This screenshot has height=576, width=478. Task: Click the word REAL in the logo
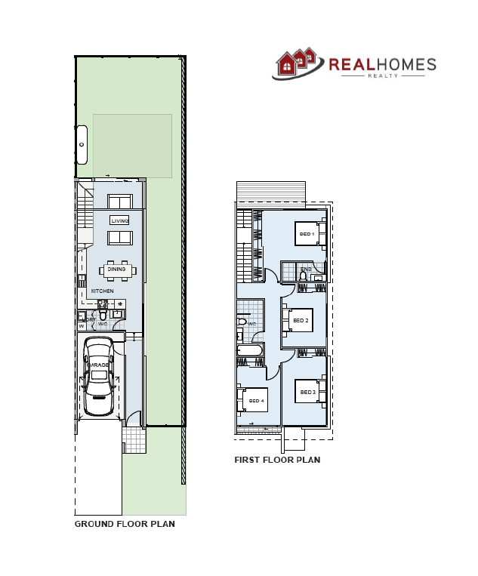point(352,65)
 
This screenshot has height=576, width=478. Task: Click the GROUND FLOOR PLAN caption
point(125,524)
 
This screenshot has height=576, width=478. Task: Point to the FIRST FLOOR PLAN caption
point(277,460)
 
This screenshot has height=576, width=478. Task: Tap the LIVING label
point(119,220)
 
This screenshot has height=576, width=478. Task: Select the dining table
point(117,270)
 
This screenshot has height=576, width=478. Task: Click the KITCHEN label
point(103,291)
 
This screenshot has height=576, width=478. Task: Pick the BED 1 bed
point(308,235)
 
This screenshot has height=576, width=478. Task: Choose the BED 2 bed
point(300,321)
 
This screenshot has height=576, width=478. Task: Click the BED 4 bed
point(254,400)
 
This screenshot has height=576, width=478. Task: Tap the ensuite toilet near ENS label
point(303,276)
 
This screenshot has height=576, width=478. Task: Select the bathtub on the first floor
point(250,351)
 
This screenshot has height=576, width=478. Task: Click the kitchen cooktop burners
point(119,304)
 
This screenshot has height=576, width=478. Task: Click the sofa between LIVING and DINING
point(119,238)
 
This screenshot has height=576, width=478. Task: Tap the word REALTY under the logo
point(382,75)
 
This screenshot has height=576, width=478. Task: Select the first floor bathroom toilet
point(242,322)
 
